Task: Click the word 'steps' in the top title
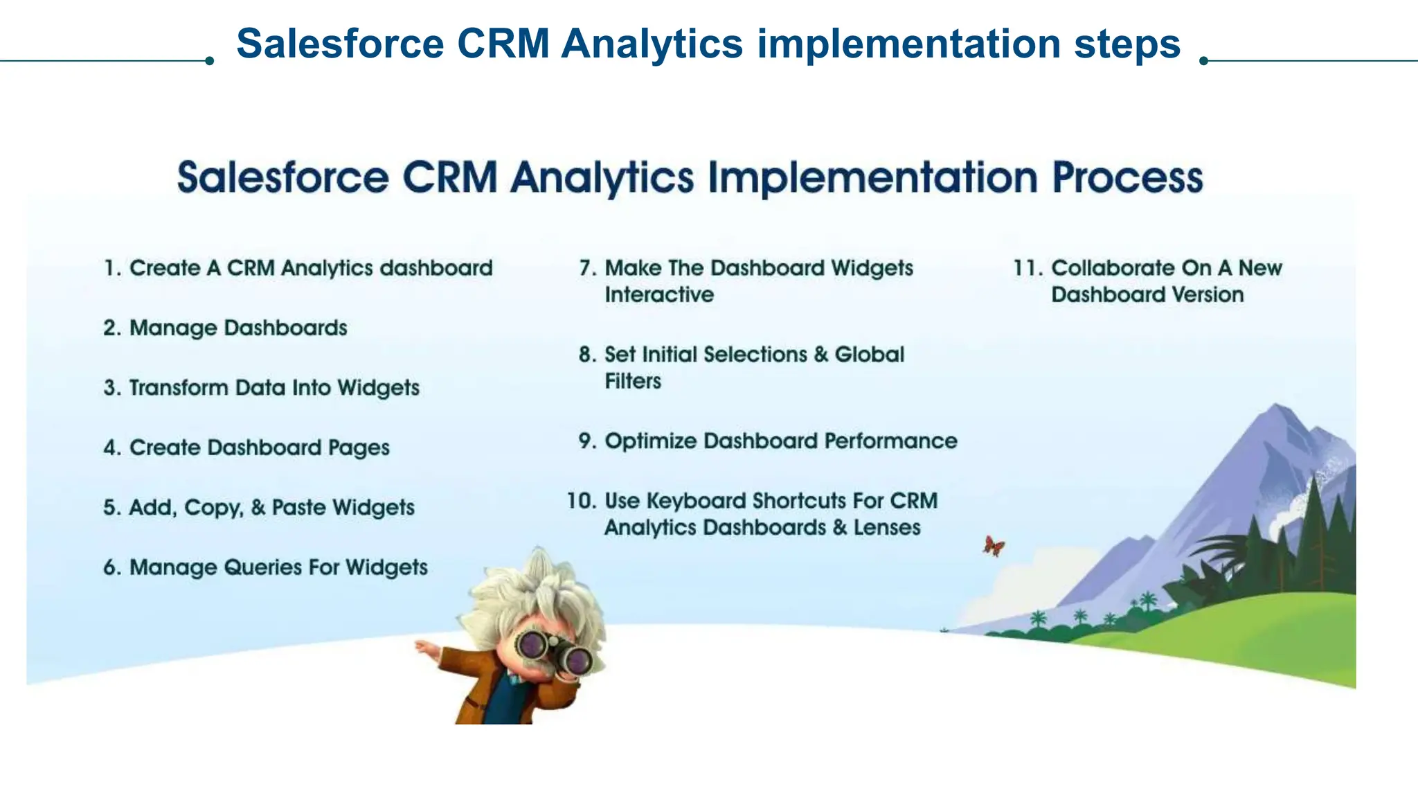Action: point(1127,44)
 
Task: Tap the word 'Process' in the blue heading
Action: point(1127,177)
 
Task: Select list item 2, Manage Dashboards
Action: point(237,328)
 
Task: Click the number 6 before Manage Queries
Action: point(110,567)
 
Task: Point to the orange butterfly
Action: point(994,546)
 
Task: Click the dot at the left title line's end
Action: point(209,61)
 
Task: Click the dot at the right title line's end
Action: point(1203,61)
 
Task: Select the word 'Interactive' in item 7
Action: point(659,295)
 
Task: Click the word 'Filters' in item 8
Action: point(633,381)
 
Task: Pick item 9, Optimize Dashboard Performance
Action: point(780,441)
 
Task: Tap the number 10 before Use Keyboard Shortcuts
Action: point(581,501)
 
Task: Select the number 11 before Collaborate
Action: point(1026,268)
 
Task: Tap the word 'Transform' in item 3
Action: point(178,388)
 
